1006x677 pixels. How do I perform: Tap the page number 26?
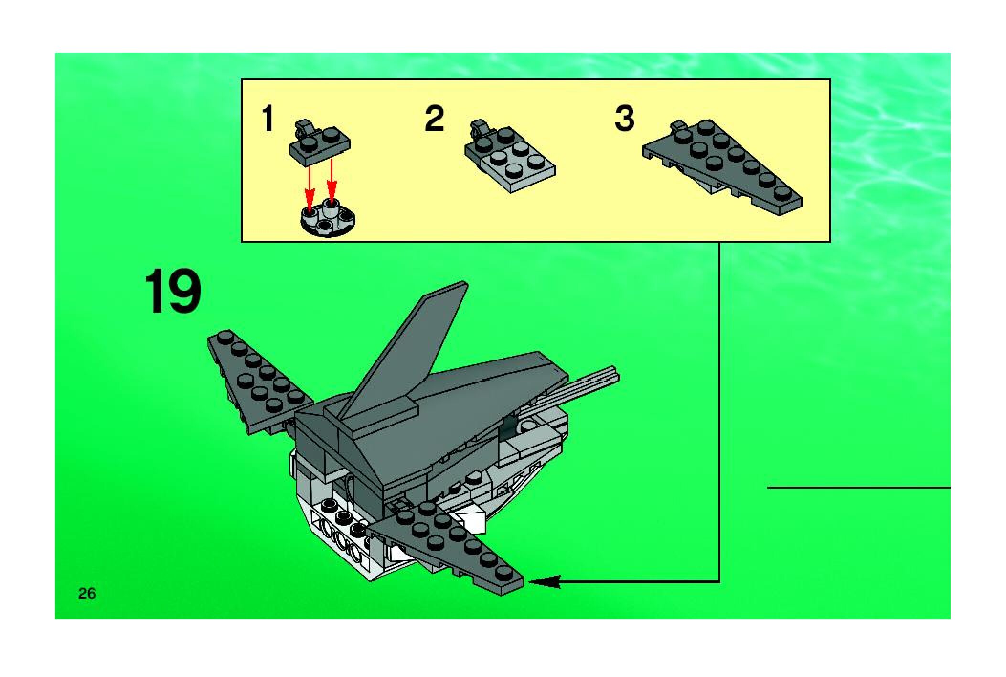87,593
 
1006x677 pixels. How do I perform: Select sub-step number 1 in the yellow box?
268,119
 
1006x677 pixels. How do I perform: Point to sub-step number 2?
434,119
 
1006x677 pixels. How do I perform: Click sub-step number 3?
625,119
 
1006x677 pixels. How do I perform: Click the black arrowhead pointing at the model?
544,582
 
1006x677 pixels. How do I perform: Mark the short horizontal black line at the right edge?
859,488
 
